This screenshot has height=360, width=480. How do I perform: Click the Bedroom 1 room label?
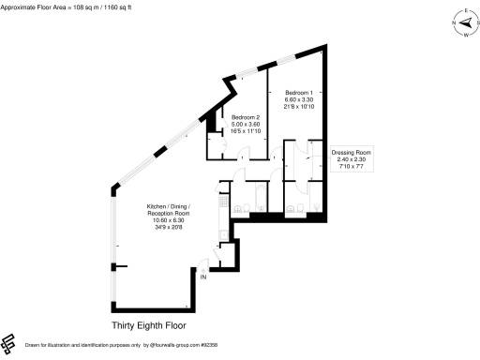click(299, 93)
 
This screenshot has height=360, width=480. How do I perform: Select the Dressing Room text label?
click(352, 152)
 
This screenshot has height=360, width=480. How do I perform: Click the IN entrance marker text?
click(202, 277)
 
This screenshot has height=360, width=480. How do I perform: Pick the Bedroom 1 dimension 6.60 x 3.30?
click(299, 99)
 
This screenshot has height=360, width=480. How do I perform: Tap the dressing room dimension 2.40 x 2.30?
click(352, 158)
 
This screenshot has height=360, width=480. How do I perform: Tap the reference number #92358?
click(196, 346)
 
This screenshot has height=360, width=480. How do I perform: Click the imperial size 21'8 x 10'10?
click(299, 106)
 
